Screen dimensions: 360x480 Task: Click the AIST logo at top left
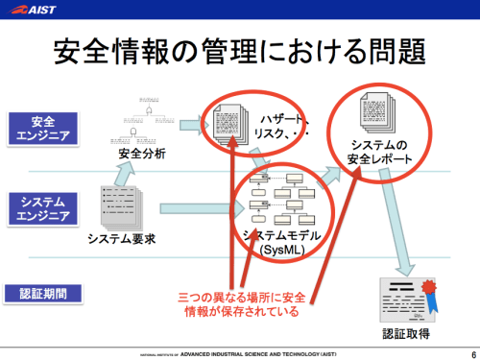(33, 10)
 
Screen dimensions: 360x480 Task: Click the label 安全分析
(141, 154)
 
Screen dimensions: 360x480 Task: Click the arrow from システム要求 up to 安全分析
(125, 175)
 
